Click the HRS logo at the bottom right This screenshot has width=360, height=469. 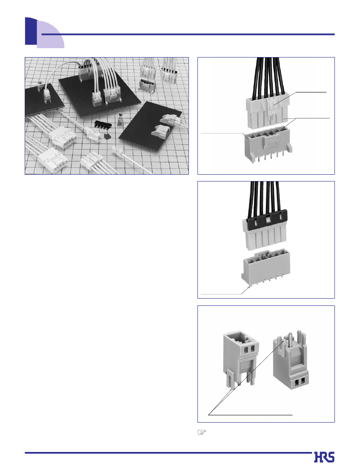tap(324, 457)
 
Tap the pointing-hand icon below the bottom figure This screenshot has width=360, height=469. tap(202, 432)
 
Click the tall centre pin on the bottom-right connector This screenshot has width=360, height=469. tap(290, 340)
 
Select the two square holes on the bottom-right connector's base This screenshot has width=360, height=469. tap(299, 381)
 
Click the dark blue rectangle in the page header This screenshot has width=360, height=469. tap(31, 31)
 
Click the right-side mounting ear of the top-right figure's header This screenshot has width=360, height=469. tap(289, 147)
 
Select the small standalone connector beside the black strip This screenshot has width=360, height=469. tap(120, 119)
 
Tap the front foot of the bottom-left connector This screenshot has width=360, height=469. tap(230, 381)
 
